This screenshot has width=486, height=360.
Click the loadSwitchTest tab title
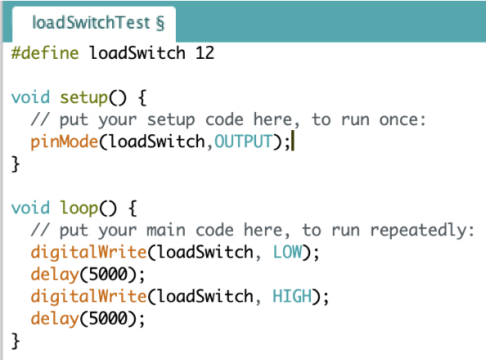pyautogui.click(x=98, y=23)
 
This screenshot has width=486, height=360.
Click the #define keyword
pyautogui.click(x=45, y=52)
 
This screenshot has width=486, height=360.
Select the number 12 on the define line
pyautogui.click(x=205, y=53)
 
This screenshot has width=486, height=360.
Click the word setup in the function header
pyautogui.click(x=83, y=98)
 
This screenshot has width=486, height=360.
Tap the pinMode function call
pyautogui.click(x=64, y=142)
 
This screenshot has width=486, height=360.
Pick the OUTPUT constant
pyautogui.click(x=244, y=142)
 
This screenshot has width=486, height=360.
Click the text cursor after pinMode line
pyautogui.click(x=293, y=141)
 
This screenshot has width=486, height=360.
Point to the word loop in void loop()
pyautogui.click(x=79, y=208)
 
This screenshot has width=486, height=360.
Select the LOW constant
pyautogui.click(x=287, y=252)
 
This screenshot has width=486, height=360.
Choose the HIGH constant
pyautogui.click(x=292, y=296)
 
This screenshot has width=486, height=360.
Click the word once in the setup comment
pyautogui.click(x=403, y=119)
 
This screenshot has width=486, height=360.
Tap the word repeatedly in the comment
pyautogui.click(x=422, y=231)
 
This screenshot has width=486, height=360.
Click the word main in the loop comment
pyautogui.click(x=166, y=231)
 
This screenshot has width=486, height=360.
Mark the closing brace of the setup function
pyautogui.click(x=16, y=164)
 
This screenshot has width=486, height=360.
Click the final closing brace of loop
pyautogui.click(x=16, y=341)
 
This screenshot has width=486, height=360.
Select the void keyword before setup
pyautogui.click(x=30, y=97)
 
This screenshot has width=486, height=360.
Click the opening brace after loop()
pyautogui.click(x=133, y=208)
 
